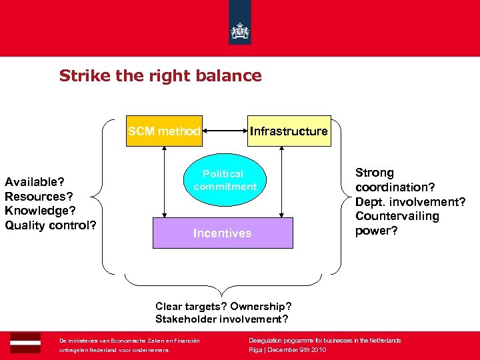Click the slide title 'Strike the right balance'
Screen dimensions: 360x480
[x=160, y=75]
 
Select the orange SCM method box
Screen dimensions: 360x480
[x=164, y=131]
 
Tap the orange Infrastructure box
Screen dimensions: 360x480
[x=289, y=131]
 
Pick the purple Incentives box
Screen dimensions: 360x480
[x=223, y=233]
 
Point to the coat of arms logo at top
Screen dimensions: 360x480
[x=239, y=30]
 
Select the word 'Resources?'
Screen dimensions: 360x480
[x=39, y=197]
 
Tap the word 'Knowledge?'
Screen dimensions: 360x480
[x=39, y=211]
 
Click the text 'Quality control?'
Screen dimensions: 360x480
[x=51, y=225]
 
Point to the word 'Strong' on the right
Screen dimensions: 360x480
[x=375, y=173]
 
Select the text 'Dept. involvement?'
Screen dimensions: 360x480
[x=410, y=201]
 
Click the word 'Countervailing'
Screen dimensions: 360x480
[x=397, y=216]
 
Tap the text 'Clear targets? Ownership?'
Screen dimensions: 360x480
[x=223, y=306]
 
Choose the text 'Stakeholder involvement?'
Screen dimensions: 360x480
[x=222, y=319]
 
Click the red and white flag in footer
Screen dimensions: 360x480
[x=25, y=343]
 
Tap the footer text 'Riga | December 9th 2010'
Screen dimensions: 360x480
[x=287, y=349]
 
